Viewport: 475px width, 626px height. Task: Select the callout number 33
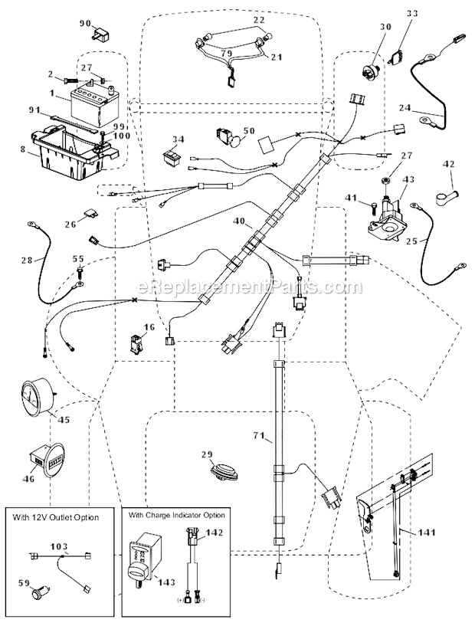[414, 13]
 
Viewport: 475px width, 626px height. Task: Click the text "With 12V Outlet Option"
[56, 518]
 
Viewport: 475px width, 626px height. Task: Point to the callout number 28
[26, 261]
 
